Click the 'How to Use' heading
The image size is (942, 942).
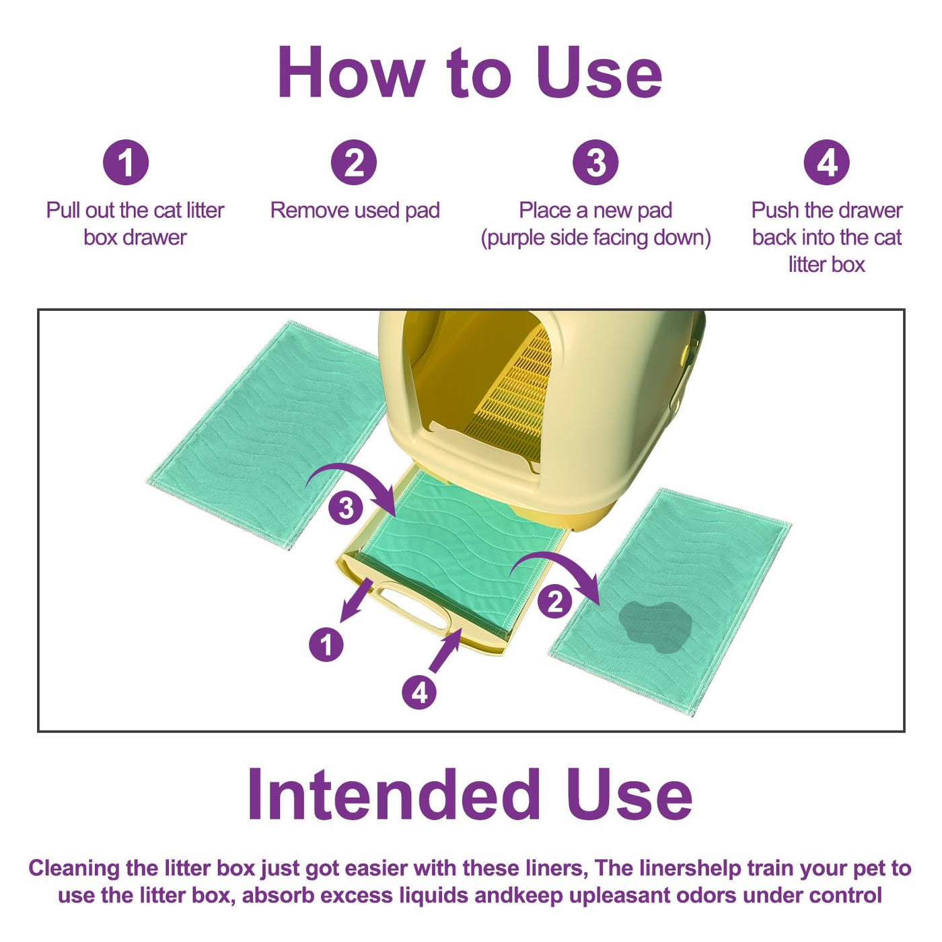[469, 73]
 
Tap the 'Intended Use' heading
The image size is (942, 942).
[469, 795]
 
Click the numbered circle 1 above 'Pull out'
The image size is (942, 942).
[126, 162]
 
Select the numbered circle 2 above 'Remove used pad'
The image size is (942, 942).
[354, 162]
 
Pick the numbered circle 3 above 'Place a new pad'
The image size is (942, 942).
[595, 162]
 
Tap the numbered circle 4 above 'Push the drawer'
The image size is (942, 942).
[827, 162]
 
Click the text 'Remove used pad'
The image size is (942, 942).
[355, 211]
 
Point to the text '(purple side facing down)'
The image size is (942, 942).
[595, 238]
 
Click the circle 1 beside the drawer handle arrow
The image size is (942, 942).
[326, 645]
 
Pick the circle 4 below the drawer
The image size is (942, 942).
[419, 692]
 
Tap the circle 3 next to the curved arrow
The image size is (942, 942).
[346, 507]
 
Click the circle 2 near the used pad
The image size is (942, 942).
[555, 602]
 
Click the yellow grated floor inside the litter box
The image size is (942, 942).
[509, 396]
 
